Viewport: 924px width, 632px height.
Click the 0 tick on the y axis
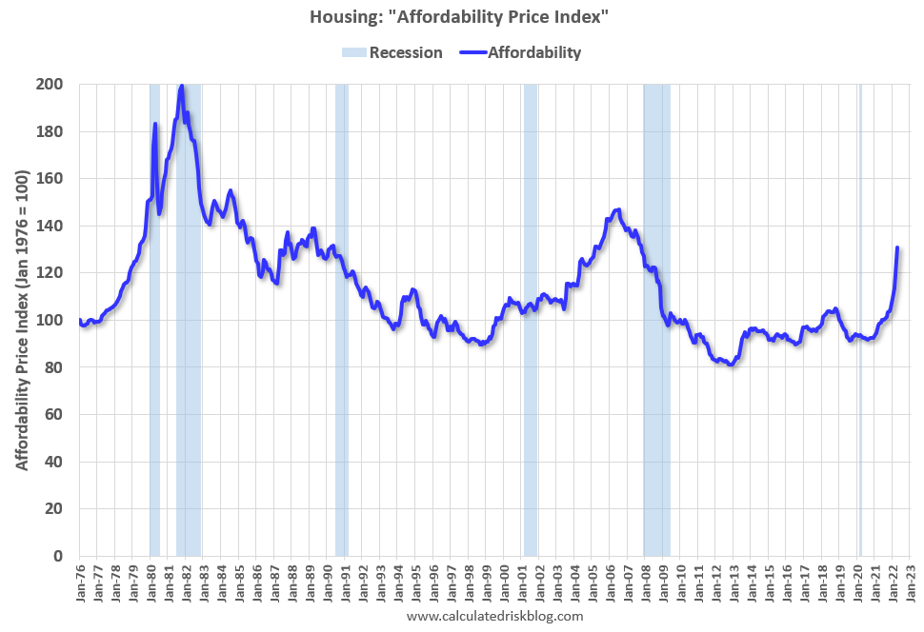coord(58,556)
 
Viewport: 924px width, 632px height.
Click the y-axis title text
coord(21,320)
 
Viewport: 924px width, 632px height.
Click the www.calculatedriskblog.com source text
coord(494,616)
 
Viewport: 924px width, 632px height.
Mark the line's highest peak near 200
coord(181,86)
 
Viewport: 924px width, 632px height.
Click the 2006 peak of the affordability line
coord(618,209)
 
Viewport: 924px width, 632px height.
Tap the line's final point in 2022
coord(897,247)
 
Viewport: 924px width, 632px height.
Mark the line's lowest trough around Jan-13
coord(731,365)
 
